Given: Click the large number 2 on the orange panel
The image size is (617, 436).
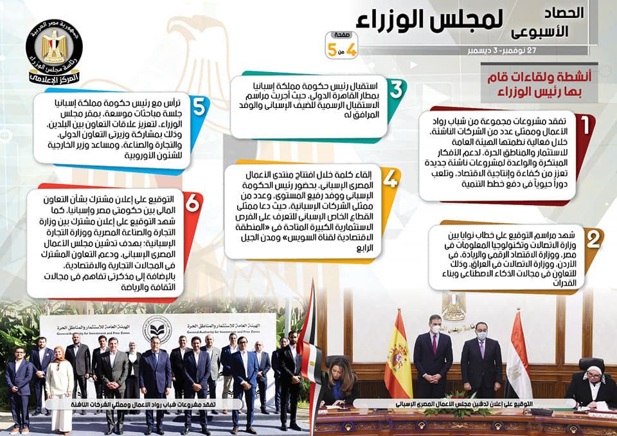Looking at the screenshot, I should click(593, 239).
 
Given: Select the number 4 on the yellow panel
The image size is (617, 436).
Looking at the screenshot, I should click(390, 179).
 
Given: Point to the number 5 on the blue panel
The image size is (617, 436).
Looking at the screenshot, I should click(199, 106).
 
